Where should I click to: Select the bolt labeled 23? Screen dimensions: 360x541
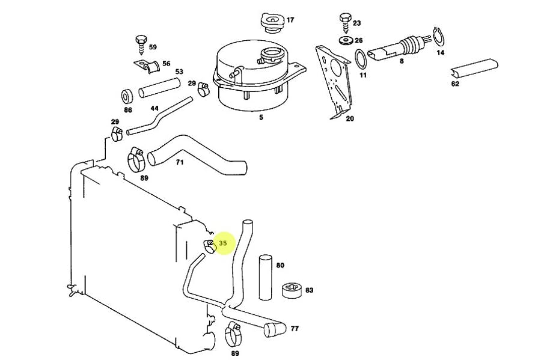(x=345, y=22)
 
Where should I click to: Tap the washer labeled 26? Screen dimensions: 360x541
(x=346, y=40)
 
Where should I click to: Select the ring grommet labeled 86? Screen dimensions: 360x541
(x=127, y=96)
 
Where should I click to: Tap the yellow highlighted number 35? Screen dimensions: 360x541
(x=224, y=243)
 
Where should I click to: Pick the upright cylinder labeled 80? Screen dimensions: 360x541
(x=265, y=276)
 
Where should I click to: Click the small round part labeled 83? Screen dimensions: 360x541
(x=292, y=290)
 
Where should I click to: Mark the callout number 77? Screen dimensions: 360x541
(x=295, y=329)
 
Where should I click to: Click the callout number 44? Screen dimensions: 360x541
(x=154, y=109)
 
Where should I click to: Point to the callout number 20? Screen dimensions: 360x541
(x=350, y=119)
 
